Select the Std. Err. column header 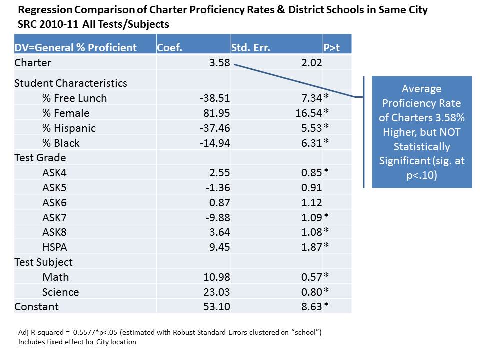(x=251, y=48)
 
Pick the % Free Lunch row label (x=74, y=98)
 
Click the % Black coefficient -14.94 (x=214, y=143)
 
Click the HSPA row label (x=55, y=247)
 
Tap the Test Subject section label (x=44, y=262)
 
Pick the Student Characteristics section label (x=71, y=83)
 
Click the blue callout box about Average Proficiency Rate (x=421, y=132)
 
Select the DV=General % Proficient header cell (x=76, y=48)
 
